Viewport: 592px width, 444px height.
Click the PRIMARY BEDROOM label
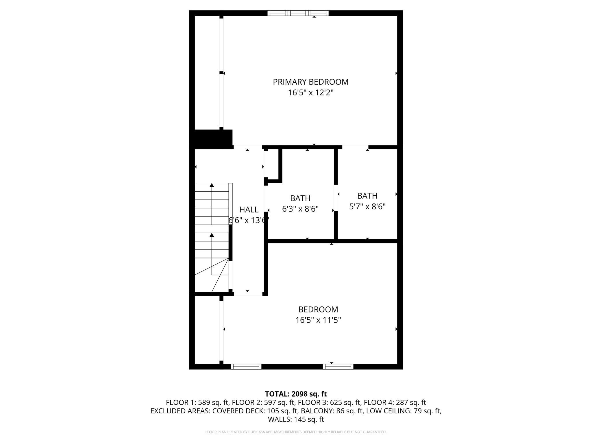[x=310, y=82]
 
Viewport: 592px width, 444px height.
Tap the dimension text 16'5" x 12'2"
[x=310, y=93]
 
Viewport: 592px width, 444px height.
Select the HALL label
[x=249, y=210]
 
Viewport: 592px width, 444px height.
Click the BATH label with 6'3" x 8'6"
[x=300, y=198]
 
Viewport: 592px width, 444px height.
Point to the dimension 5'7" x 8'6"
[x=367, y=207]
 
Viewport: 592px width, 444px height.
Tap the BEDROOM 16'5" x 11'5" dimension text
[x=318, y=320]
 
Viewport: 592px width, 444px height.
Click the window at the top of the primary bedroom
[x=298, y=13]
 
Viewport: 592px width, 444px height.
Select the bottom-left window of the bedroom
[x=246, y=367]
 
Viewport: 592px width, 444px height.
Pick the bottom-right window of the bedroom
[x=338, y=367]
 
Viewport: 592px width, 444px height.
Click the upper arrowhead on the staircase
[x=212, y=185]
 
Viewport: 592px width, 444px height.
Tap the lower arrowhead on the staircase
[x=212, y=235]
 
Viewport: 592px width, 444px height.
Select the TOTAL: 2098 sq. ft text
[x=296, y=394]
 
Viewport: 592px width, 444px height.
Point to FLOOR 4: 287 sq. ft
[x=395, y=402]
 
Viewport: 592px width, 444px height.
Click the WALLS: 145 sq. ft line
[x=296, y=419]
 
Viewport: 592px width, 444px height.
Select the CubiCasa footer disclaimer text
[x=296, y=432]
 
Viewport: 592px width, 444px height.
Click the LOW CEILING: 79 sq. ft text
[x=403, y=411]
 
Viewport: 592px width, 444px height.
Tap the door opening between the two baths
[x=336, y=198]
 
